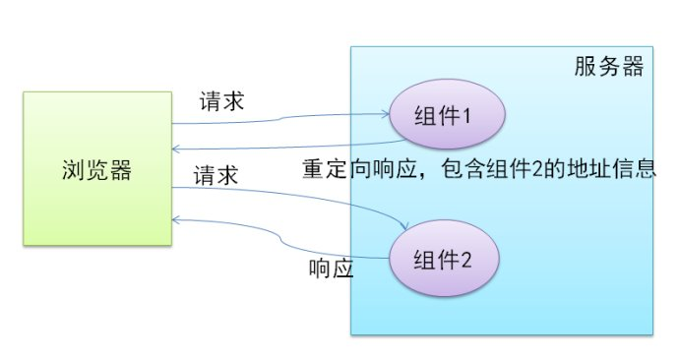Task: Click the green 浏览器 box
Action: click(96, 168)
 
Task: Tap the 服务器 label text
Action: click(608, 67)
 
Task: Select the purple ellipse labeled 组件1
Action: click(446, 117)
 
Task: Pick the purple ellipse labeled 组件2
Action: click(446, 262)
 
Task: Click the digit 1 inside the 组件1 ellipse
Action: click(468, 117)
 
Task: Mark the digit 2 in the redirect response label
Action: click(532, 168)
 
